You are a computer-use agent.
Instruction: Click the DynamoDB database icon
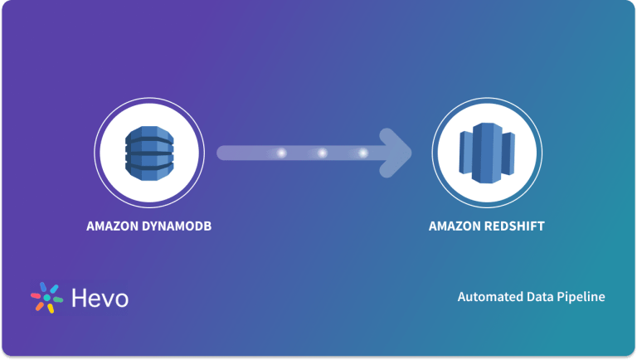[149, 153]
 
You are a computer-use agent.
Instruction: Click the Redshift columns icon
[487, 153]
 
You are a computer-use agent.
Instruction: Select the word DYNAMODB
[177, 226]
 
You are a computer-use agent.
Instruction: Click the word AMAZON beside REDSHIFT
[455, 226]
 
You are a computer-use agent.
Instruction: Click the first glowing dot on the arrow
[281, 153]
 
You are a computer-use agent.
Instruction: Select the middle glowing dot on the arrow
[322, 153]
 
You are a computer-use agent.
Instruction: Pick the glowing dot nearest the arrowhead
[362, 153]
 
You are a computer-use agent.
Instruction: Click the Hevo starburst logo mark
[47, 298]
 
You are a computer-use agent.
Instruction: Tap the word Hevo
[100, 299]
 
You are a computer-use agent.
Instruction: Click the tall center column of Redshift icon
[487, 153]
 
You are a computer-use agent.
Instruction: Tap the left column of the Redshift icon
[465, 153]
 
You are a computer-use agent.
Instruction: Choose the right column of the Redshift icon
[508, 153]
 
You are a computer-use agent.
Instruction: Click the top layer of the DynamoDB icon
[149, 134]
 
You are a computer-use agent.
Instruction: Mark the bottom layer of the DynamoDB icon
[149, 173]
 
